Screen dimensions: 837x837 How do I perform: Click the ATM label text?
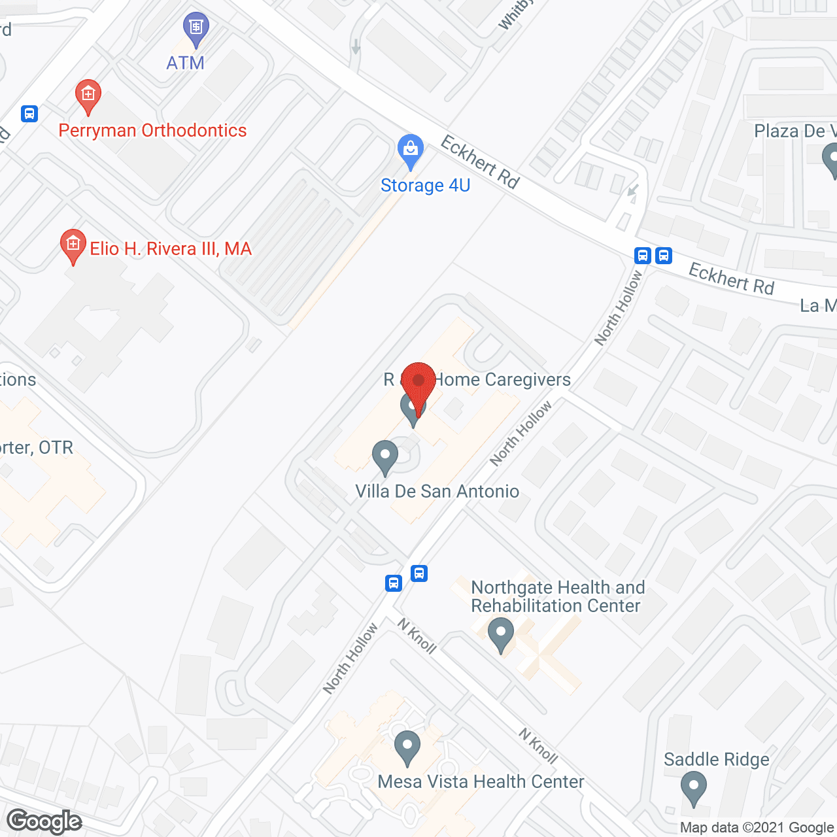185,63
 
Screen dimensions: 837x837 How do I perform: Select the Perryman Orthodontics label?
152,130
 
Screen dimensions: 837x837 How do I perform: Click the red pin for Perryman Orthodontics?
88,97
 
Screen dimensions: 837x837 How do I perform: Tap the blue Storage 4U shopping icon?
411,152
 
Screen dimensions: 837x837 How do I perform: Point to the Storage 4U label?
425,185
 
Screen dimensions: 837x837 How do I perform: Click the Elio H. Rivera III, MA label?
170,248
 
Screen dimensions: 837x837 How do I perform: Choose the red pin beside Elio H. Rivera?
73,246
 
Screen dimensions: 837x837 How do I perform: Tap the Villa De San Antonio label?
437,491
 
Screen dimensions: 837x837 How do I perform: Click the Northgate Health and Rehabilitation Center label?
557,596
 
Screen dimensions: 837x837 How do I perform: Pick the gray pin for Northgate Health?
501,635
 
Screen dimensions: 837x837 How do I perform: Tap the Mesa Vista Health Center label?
481,781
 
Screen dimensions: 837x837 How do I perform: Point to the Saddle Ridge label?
716,759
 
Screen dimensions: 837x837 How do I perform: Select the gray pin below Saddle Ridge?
693,788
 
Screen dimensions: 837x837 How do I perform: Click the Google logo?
44,821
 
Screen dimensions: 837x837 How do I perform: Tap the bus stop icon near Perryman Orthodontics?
29,114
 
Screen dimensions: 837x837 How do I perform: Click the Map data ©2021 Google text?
757,828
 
